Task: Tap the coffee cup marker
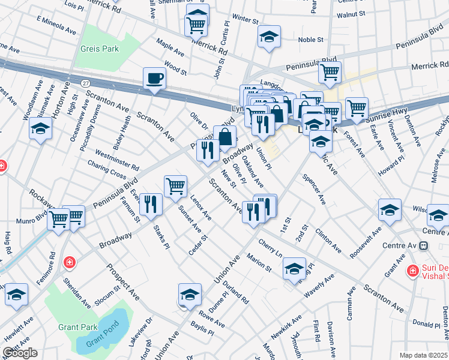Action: click(x=154, y=78)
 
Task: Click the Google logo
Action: click(x=20, y=353)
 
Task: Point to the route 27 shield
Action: click(x=85, y=82)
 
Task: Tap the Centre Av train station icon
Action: click(x=423, y=245)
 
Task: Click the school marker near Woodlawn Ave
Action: click(x=40, y=128)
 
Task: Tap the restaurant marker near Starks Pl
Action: click(x=151, y=204)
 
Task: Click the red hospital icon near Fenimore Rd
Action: click(x=70, y=262)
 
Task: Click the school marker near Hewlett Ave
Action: click(x=17, y=295)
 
